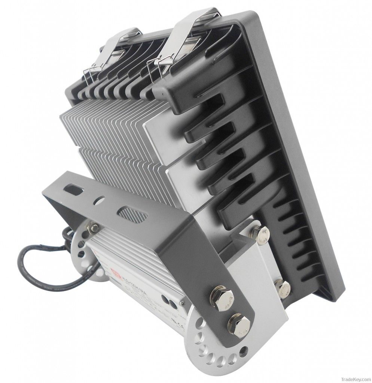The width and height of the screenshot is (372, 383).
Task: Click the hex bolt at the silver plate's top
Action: tap(260, 233)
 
